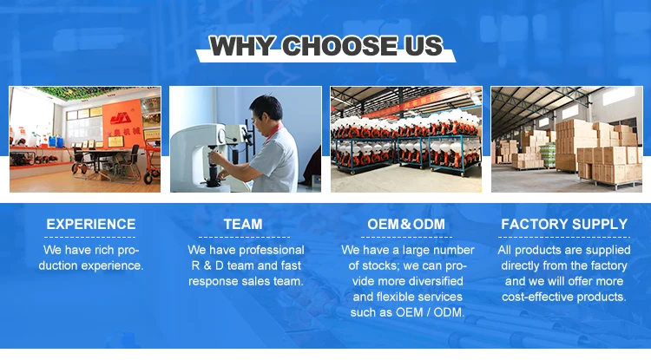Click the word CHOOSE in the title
coord(339,46)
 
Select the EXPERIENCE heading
coord(91,224)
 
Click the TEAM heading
coord(243,224)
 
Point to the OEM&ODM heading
coord(406,224)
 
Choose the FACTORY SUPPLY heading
coord(564,224)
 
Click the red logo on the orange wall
coord(121,118)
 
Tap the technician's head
coord(266,110)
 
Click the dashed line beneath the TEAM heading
coord(244,237)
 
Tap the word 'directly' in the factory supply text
coord(520,265)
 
